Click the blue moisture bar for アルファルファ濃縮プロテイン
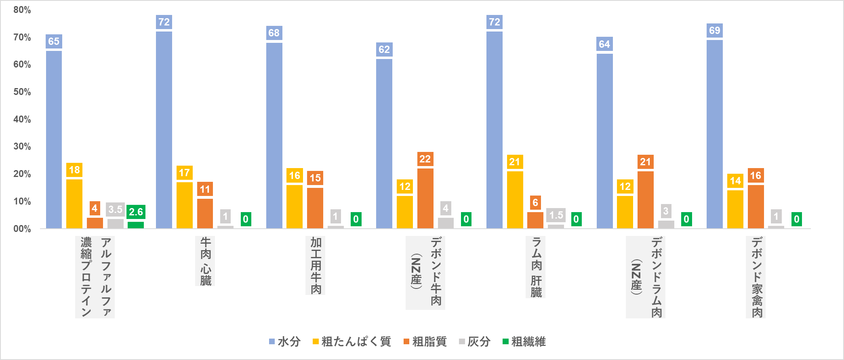pyautogui.click(x=54, y=139)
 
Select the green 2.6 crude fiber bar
pyautogui.click(x=136, y=225)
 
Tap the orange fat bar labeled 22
pyautogui.click(x=425, y=198)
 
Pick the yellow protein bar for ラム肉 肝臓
pyautogui.click(x=515, y=200)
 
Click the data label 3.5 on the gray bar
pyautogui.click(x=115, y=209)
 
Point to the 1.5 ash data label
pyautogui.click(x=556, y=215)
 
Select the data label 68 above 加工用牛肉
pyautogui.click(x=274, y=33)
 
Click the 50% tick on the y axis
pyautogui.click(x=22, y=92)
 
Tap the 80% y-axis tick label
pyautogui.click(x=22, y=10)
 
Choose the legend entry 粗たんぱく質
pyautogui.click(x=351, y=342)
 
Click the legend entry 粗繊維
pyautogui.click(x=524, y=342)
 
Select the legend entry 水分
pyautogui.click(x=285, y=342)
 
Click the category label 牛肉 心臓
pyautogui.click(x=205, y=261)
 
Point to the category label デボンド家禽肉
pyautogui.click(x=756, y=277)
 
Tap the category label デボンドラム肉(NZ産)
pyautogui.click(x=646, y=277)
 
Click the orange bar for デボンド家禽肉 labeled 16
pyautogui.click(x=756, y=206)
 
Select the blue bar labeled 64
pyautogui.click(x=604, y=141)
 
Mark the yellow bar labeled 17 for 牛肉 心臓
pyautogui.click(x=184, y=205)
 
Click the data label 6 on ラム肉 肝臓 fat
pyautogui.click(x=535, y=202)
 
